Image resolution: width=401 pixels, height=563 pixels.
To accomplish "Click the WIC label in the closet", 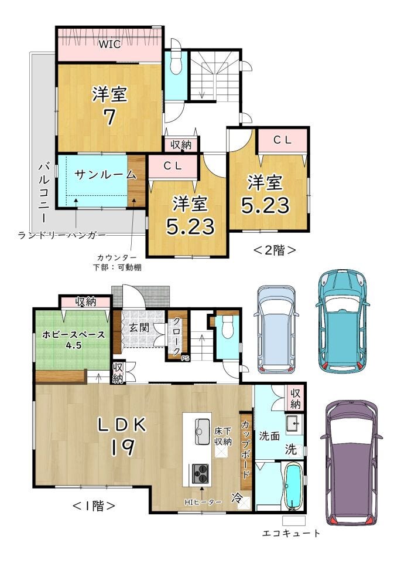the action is (x=109, y=44).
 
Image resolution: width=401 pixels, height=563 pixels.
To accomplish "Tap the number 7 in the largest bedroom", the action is (x=109, y=117).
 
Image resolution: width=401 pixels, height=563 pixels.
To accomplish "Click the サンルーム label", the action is (x=106, y=175).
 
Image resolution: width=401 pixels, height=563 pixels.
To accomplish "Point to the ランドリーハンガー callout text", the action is (x=62, y=235).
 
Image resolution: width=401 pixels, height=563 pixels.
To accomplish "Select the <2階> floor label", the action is (x=275, y=250).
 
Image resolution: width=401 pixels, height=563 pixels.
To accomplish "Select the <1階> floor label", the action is (x=94, y=506).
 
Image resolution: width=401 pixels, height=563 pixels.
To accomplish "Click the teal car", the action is (x=342, y=321).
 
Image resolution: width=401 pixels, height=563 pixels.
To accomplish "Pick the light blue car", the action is (x=276, y=329).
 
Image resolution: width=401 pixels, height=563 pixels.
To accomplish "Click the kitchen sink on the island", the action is (x=203, y=431).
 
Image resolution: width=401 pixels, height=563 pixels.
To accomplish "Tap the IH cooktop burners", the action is (x=200, y=474).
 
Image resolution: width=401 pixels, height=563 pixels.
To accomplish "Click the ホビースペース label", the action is (x=73, y=335).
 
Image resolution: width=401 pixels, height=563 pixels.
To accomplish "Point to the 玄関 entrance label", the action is (x=139, y=328).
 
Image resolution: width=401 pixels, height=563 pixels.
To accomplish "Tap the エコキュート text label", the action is (x=291, y=533).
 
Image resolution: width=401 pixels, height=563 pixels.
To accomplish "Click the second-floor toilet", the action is (x=176, y=64).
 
